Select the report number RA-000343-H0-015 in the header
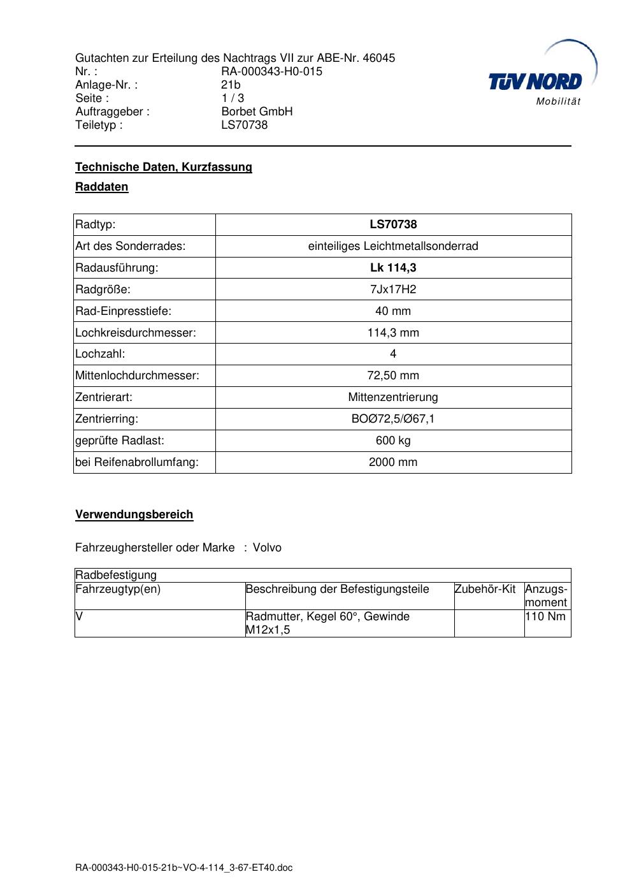(x=271, y=71)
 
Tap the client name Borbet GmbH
(x=257, y=112)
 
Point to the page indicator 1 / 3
(x=233, y=98)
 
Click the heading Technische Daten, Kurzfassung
(x=164, y=167)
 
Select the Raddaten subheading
(x=102, y=187)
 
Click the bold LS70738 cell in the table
(x=393, y=224)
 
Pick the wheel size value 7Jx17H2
(x=393, y=289)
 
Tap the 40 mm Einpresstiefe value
(x=393, y=311)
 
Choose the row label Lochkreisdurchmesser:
(x=136, y=333)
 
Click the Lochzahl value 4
(x=393, y=354)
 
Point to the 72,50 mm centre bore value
(x=393, y=375)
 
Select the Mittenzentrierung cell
(x=393, y=397)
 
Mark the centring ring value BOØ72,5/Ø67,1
(x=393, y=419)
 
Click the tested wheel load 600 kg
(x=393, y=440)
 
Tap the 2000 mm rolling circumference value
(x=393, y=462)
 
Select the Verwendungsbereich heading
(x=134, y=514)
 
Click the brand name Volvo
(x=267, y=548)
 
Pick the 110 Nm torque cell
(x=545, y=616)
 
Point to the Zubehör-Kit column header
(x=485, y=589)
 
